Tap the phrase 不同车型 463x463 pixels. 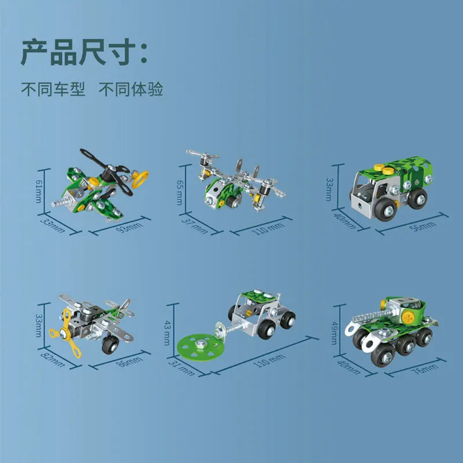coord(53,89)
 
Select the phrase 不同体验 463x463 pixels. coord(131,89)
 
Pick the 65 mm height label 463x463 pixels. coord(179,192)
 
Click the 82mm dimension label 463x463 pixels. coord(52,360)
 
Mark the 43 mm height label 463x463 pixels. coord(166,333)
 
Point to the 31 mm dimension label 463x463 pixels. coord(181,367)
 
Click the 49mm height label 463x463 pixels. coord(334,333)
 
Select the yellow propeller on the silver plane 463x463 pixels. coord(66,334)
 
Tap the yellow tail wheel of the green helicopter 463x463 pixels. coord(140,179)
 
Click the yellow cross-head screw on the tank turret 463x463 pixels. coord(408,318)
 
